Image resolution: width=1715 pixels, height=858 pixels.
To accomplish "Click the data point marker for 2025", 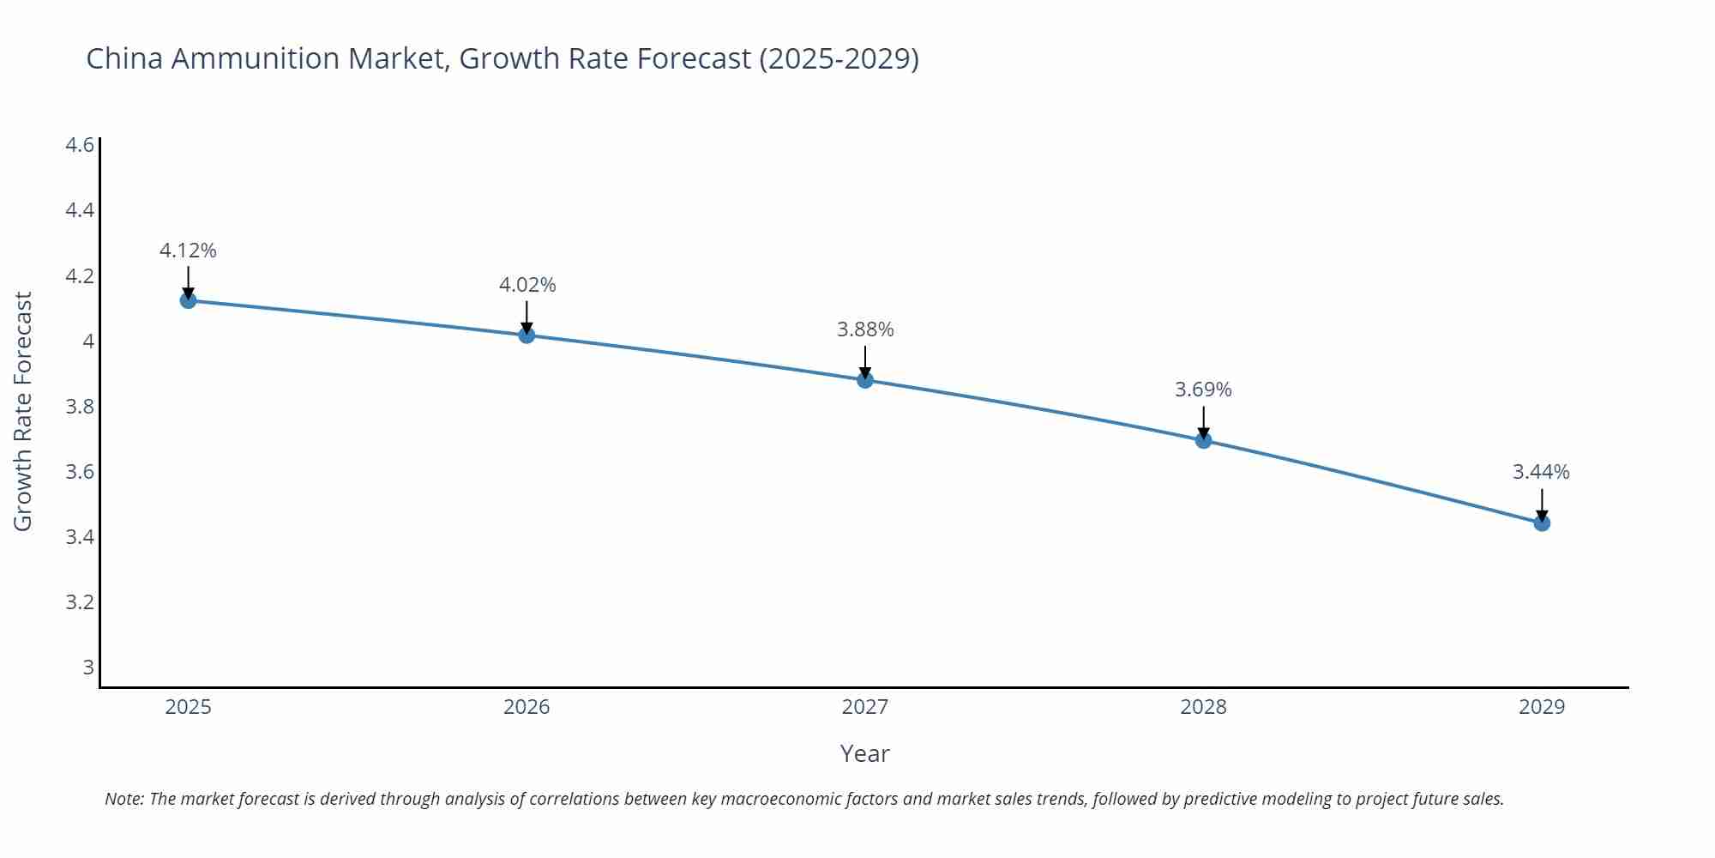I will pos(188,300).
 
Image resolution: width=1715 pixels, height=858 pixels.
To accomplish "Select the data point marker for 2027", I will pos(864,379).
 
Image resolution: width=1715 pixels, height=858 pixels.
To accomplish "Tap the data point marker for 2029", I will pos(1541,523).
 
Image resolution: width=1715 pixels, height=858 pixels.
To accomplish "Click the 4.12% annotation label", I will pos(188,251).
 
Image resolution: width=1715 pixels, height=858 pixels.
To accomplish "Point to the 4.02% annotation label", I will pos(527,285).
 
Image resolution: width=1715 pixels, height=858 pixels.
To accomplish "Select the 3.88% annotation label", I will pos(865,329).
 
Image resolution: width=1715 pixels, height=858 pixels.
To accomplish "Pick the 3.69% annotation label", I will pos(1203,390).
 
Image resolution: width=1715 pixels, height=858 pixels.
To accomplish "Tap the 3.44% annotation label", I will pos(1541,472).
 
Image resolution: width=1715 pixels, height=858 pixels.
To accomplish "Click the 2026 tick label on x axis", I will pos(527,707).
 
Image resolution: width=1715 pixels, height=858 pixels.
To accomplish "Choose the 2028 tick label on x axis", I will pos(1203,707).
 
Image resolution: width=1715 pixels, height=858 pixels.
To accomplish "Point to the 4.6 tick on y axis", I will pos(80,144).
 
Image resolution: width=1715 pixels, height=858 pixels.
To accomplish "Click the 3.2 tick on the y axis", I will pos(80,602).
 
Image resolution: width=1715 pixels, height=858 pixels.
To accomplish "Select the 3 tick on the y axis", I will pos(87,668).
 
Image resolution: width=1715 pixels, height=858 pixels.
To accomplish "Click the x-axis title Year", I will pos(864,753).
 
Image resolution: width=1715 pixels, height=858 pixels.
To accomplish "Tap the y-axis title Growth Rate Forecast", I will pos(23,412).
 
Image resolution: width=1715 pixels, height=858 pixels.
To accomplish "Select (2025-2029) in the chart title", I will pos(839,58).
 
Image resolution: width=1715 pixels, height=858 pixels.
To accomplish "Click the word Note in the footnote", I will pos(123,799).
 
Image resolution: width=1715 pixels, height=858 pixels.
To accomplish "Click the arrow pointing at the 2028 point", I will pos(1203,423).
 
